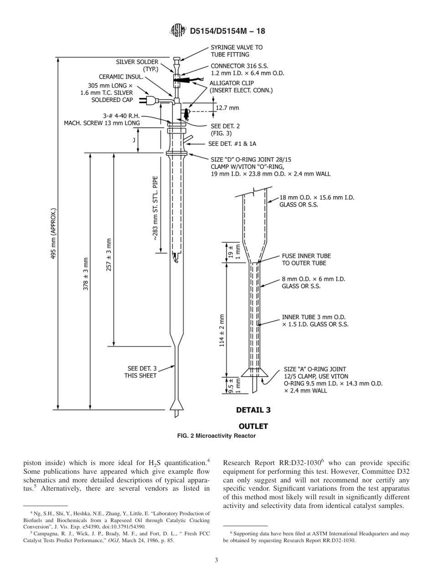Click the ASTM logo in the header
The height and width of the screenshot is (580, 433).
(178, 31)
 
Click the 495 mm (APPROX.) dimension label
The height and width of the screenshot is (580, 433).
(53, 234)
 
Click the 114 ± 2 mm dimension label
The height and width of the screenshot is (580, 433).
(222, 330)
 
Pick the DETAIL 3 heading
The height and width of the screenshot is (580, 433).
(253, 409)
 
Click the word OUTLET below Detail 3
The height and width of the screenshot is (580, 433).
(253, 426)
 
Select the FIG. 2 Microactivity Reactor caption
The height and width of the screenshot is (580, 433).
(216, 436)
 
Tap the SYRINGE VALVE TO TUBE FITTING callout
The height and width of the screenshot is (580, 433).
(236, 51)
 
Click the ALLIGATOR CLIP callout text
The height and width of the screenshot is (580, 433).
(241, 87)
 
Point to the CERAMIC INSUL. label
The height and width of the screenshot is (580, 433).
(121, 77)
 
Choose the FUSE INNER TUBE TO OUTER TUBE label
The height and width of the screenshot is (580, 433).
(306, 259)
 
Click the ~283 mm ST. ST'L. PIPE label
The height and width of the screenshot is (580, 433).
(155, 207)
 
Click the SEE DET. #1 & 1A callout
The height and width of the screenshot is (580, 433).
(232, 144)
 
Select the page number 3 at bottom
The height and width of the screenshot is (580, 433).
(216, 560)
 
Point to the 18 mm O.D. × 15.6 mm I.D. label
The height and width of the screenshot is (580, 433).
(316, 201)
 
